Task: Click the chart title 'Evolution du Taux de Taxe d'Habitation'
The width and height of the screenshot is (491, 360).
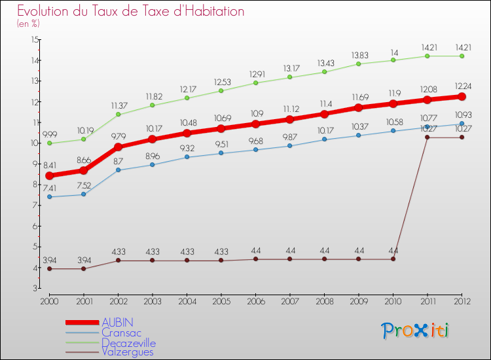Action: tap(131, 11)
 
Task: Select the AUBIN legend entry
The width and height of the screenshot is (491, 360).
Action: tap(117, 322)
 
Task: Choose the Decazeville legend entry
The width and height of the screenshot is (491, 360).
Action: tap(129, 342)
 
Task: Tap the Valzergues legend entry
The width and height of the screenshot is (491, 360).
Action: tap(128, 351)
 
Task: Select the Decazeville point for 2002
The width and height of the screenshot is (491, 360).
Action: tap(118, 114)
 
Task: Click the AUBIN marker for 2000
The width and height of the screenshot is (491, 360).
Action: tap(50, 175)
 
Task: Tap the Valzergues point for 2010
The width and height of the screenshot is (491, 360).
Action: tap(393, 259)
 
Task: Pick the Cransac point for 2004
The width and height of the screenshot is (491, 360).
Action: tap(187, 157)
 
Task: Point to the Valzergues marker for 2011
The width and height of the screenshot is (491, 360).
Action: tap(427, 137)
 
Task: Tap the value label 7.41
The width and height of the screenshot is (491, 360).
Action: tap(50, 188)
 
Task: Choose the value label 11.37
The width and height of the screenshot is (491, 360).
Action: tap(118, 105)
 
